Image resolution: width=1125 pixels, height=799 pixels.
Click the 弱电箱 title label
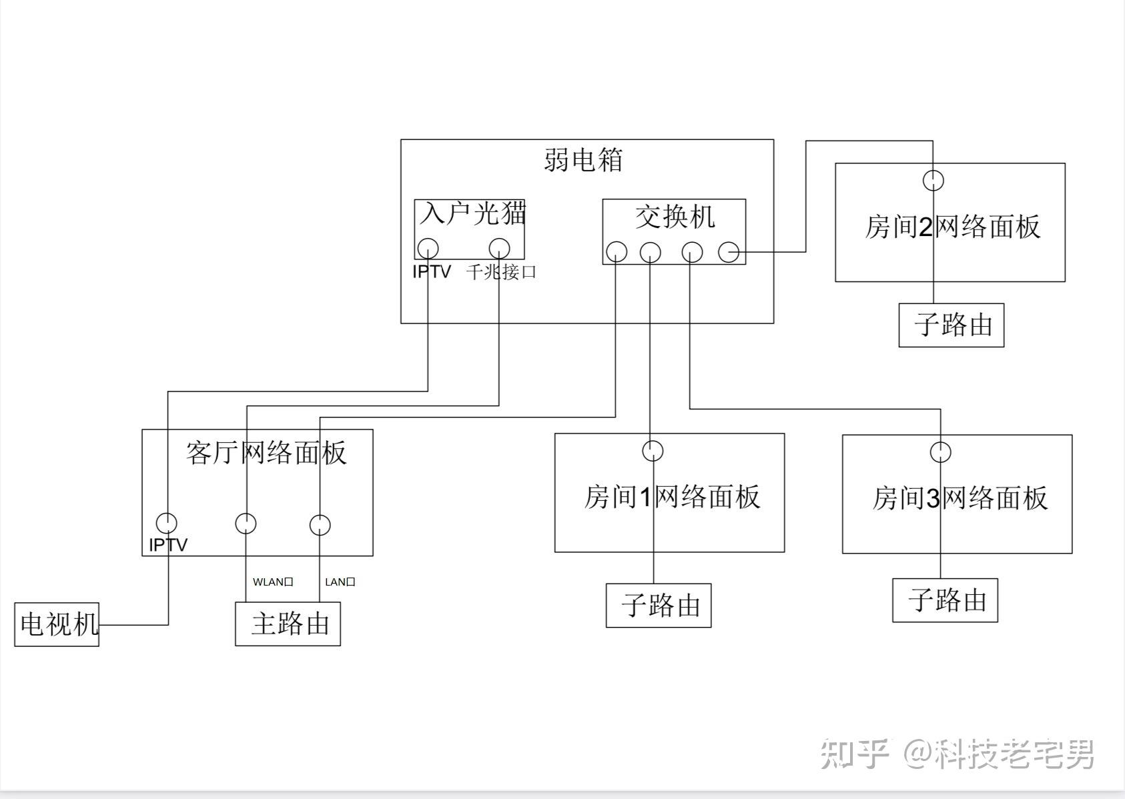(x=583, y=160)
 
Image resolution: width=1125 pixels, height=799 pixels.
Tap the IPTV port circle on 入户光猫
(x=428, y=249)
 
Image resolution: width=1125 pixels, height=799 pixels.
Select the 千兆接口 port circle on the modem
(x=499, y=248)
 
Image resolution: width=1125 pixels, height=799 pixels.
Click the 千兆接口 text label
(x=501, y=272)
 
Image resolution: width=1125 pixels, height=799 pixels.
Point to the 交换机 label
(x=675, y=217)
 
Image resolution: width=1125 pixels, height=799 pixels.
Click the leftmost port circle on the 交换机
(x=616, y=252)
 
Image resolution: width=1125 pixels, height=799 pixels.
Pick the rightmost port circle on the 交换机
(x=729, y=252)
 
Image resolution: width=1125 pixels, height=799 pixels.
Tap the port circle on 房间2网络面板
(x=933, y=180)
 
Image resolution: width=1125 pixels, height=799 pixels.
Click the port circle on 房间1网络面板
(x=653, y=451)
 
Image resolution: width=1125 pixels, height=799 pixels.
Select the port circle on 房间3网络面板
(x=940, y=452)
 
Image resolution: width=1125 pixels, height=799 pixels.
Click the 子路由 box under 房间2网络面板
(x=952, y=325)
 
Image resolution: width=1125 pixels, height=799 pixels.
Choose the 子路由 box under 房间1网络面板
(x=659, y=606)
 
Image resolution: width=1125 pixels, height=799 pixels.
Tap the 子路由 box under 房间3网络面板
(x=946, y=600)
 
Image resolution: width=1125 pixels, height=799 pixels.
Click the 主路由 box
(x=288, y=624)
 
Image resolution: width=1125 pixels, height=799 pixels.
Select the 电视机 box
(x=57, y=624)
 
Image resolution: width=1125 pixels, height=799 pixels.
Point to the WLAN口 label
(x=273, y=582)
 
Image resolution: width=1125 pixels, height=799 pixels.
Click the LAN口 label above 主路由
(x=340, y=582)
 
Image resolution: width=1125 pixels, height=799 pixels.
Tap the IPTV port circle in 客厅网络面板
(x=166, y=523)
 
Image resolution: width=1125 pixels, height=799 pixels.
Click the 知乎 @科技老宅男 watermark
(x=957, y=754)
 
